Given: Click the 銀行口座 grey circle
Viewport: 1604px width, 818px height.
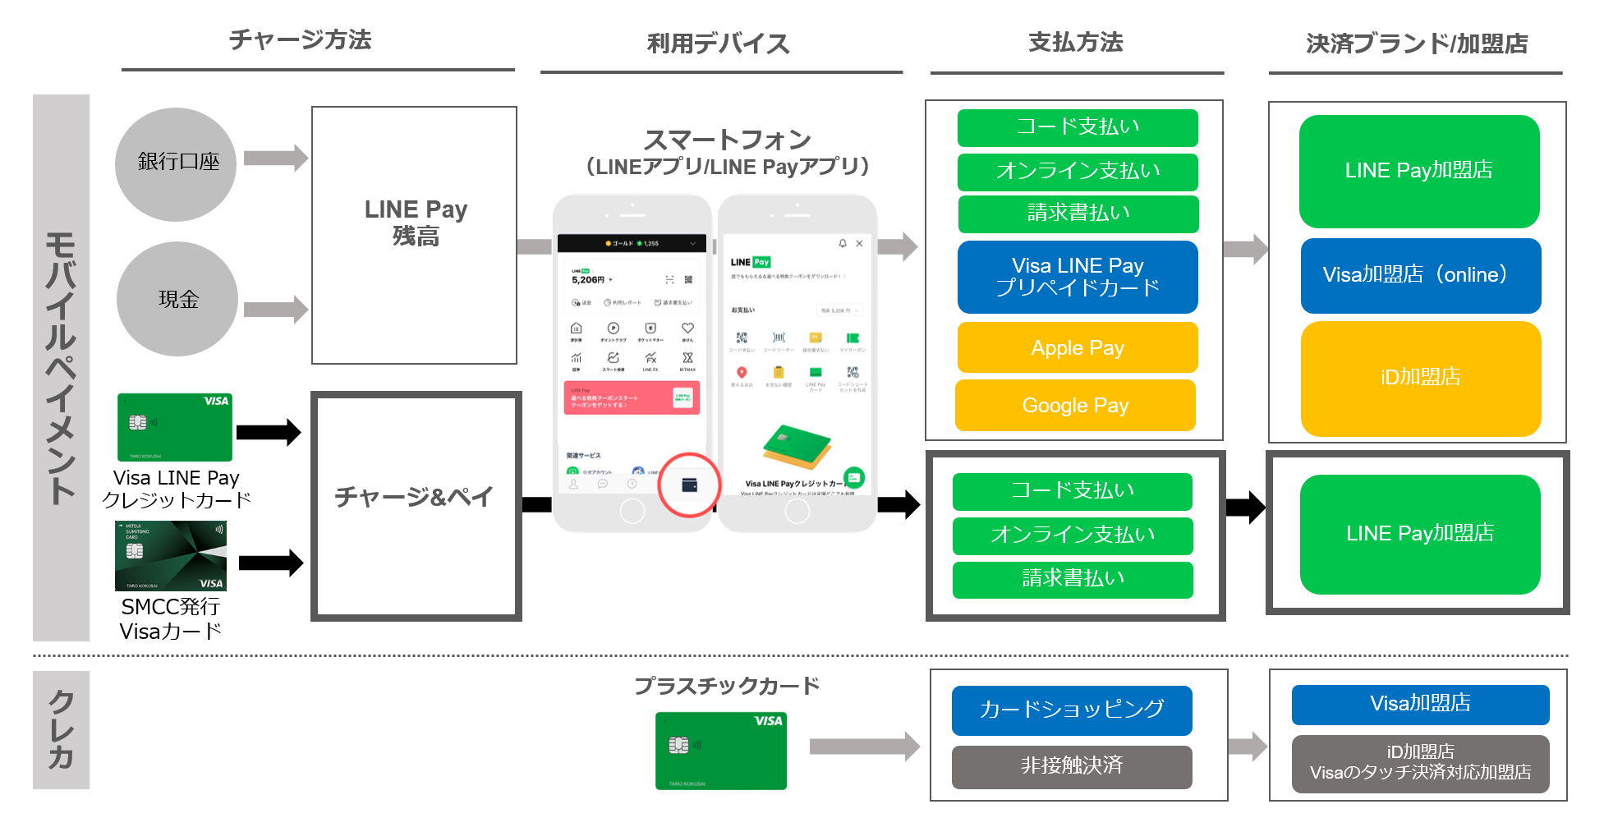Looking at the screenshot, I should pyautogui.click(x=176, y=163).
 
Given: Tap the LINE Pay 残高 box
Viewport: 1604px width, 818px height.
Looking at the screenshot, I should pyautogui.click(x=414, y=235).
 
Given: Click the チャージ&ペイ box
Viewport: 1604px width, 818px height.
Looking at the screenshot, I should pyautogui.click(x=416, y=506).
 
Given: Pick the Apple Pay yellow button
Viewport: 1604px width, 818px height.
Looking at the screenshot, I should pyautogui.click(x=1077, y=347).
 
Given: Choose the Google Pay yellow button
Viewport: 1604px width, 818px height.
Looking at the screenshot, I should pyautogui.click(x=1075, y=405).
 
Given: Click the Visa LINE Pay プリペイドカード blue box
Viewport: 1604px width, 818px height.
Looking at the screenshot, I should pyautogui.click(x=1077, y=277).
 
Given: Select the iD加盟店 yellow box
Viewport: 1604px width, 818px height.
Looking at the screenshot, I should pyautogui.click(x=1420, y=378).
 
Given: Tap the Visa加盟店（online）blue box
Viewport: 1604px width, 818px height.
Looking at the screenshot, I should pyautogui.click(x=1420, y=275).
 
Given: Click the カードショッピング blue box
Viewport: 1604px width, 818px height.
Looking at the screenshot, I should pyautogui.click(x=1071, y=710).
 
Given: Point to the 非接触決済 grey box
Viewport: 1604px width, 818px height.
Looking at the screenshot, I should pyautogui.click(x=1071, y=766).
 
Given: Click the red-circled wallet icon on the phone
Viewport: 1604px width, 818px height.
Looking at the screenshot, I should pyautogui.click(x=689, y=485).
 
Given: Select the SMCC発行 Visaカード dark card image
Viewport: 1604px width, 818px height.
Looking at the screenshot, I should pyautogui.click(x=171, y=556).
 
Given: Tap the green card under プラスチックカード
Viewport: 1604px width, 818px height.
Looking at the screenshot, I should pyautogui.click(x=720, y=751).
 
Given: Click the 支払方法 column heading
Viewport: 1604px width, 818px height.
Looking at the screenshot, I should pyautogui.click(x=1075, y=43).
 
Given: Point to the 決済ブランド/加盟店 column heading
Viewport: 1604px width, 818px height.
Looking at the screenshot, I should pyautogui.click(x=1416, y=44).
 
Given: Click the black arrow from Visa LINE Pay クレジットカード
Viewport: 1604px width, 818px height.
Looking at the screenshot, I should pyautogui.click(x=269, y=432).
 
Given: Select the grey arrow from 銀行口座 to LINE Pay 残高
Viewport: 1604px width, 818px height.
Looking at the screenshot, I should pyautogui.click(x=276, y=158).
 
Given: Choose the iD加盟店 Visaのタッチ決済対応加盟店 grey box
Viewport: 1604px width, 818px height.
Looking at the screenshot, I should pyautogui.click(x=1420, y=763).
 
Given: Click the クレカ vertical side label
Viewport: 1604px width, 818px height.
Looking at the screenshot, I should pyautogui.click(x=61, y=729).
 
